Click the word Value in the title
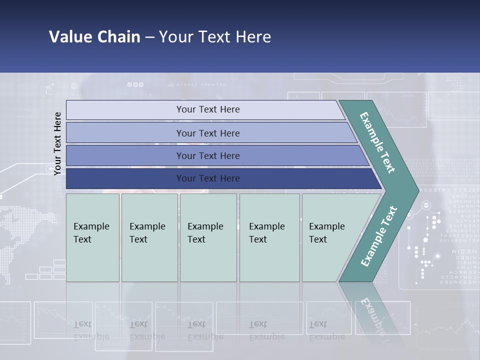coord(69,37)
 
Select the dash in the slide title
coord(149,37)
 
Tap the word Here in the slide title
coord(253,37)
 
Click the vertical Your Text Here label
coord(57,143)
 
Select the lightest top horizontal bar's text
coord(208,109)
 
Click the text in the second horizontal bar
coord(208,133)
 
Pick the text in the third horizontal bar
coord(208,156)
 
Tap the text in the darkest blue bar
coord(208,178)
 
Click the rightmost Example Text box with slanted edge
coord(327,233)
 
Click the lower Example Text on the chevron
coord(378,236)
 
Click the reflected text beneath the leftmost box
coord(91,330)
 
